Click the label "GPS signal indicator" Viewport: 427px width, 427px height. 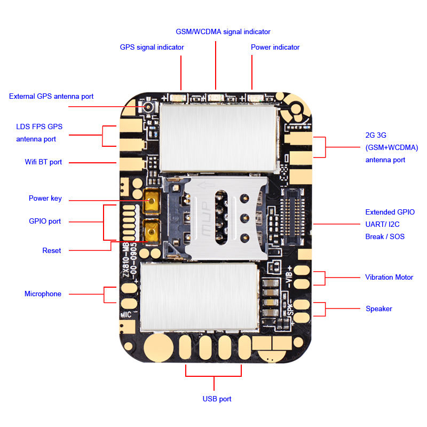152,47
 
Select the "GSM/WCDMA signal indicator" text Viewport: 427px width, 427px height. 223,31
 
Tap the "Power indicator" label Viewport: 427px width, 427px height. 275,47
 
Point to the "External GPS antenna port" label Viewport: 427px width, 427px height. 51,97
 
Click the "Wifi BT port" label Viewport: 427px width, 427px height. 43,162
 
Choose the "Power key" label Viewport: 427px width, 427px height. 45,199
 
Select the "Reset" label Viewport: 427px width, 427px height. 52,250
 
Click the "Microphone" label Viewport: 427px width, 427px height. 43,294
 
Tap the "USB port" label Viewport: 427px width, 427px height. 217,399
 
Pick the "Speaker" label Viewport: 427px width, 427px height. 379,309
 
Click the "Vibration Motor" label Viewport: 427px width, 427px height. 389,277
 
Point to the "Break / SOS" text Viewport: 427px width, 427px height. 385,236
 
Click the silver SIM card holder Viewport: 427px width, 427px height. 219,213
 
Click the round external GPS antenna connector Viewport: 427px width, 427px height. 147,107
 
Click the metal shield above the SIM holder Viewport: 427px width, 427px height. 219,137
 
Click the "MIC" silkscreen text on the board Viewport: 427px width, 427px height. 126,315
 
